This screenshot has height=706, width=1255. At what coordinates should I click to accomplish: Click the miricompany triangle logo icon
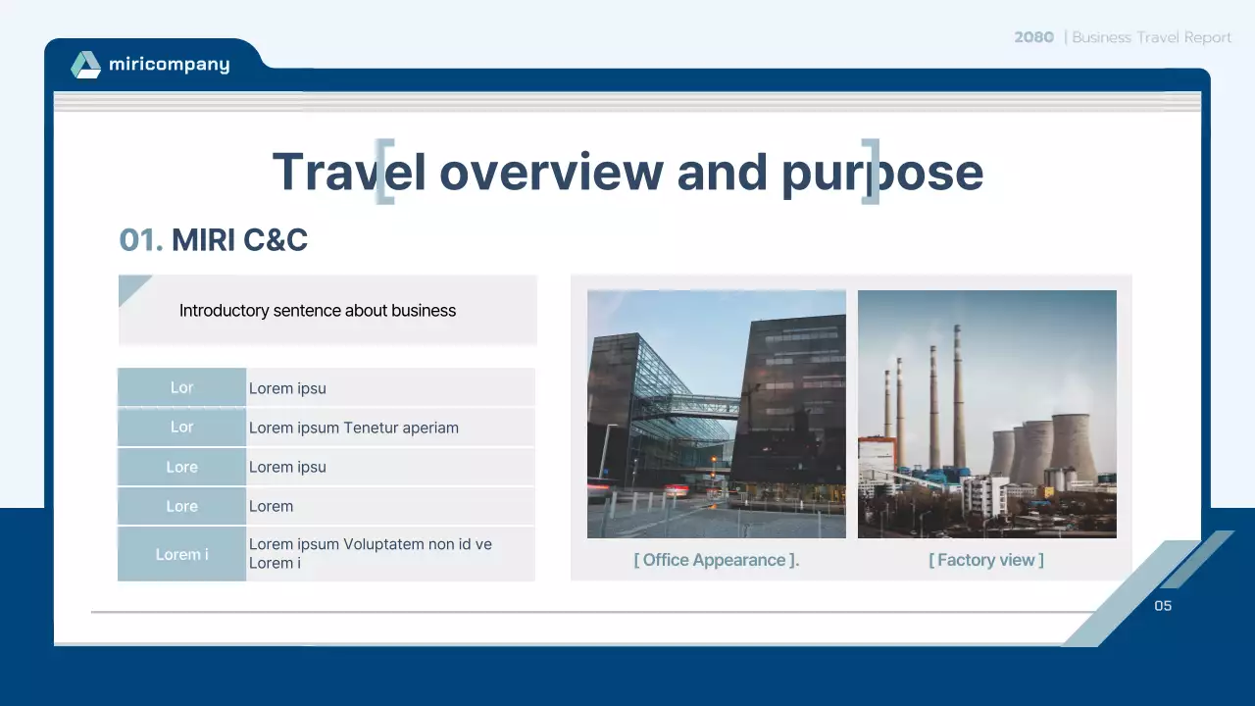click(x=86, y=65)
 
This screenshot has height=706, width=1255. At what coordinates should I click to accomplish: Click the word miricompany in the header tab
click(x=169, y=65)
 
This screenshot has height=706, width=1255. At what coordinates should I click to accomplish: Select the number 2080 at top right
click(x=1033, y=37)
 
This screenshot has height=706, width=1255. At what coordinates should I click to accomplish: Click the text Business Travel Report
click(x=1151, y=37)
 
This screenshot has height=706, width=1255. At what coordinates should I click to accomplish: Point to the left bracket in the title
click(x=384, y=172)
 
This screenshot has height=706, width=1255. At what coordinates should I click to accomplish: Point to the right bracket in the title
click(x=870, y=172)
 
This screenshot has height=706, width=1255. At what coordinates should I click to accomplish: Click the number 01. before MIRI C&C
click(x=140, y=239)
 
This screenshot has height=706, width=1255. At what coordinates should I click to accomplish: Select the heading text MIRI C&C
click(x=239, y=239)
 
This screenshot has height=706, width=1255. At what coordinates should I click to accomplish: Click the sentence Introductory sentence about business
click(x=317, y=311)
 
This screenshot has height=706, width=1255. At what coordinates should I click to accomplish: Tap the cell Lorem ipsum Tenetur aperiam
click(x=353, y=428)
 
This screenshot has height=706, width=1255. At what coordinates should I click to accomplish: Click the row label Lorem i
click(x=181, y=554)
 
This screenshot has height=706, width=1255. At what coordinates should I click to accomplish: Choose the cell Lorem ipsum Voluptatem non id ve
click(x=370, y=544)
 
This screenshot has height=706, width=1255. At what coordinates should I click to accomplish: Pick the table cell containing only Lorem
click(x=271, y=506)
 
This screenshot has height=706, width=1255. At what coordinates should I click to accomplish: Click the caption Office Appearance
click(x=716, y=560)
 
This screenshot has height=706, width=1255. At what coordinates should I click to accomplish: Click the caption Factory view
click(x=985, y=560)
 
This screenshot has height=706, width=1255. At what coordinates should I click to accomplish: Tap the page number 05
click(x=1163, y=606)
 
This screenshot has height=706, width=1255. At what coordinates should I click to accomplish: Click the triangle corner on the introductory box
click(x=130, y=287)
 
